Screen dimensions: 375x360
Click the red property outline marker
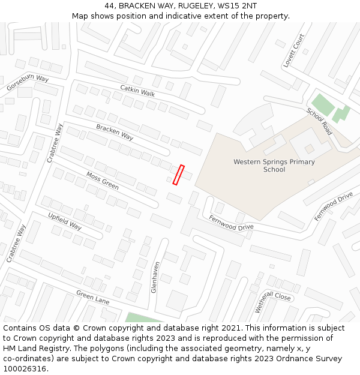point(178,175)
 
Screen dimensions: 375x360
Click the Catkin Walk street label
point(137,91)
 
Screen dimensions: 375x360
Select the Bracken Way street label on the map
point(115,132)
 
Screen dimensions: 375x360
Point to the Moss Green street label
point(103,181)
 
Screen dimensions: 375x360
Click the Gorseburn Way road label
point(28,83)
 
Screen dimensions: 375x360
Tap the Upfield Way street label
point(65,221)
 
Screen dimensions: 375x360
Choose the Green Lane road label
point(92,296)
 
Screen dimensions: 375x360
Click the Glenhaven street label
point(155,277)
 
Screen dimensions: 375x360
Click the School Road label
point(319,121)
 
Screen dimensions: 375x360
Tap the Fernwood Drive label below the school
point(231,223)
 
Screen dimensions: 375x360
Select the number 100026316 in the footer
point(25,369)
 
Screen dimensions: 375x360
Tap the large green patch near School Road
point(323,105)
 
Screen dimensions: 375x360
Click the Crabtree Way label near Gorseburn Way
point(55,143)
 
